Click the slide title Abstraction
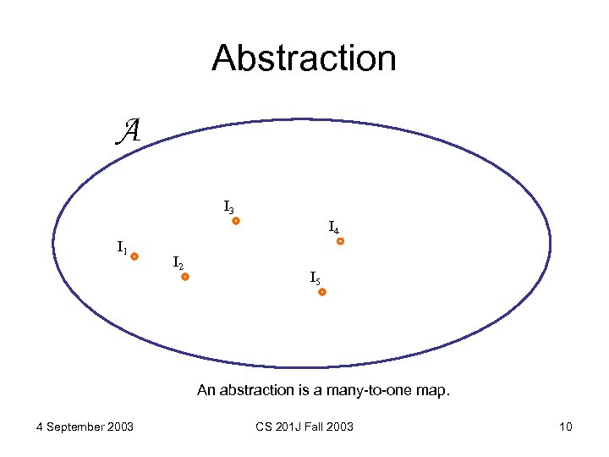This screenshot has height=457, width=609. [x=304, y=58]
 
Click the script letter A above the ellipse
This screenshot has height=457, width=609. [x=128, y=129]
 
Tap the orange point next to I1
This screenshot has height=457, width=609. [x=134, y=256]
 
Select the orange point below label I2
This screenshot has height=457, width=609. [x=184, y=277]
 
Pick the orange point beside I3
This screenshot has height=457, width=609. [x=236, y=222]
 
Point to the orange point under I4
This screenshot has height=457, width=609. [x=340, y=241]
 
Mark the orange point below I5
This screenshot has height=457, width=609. [x=322, y=292]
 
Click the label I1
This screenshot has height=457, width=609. [x=122, y=248]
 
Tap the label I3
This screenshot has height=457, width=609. [x=229, y=206]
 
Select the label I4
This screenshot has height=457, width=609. [x=334, y=227]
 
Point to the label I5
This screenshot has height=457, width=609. [x=315, y=278]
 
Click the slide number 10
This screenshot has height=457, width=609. [x=566, y=427]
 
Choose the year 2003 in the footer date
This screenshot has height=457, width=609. [x=119, y=427]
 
